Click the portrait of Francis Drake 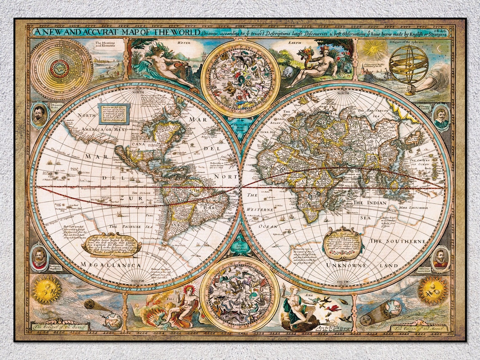click(39, 114)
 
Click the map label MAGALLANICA click(111, 265)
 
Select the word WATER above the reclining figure click(184, 42)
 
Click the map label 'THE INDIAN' click(369, 203)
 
